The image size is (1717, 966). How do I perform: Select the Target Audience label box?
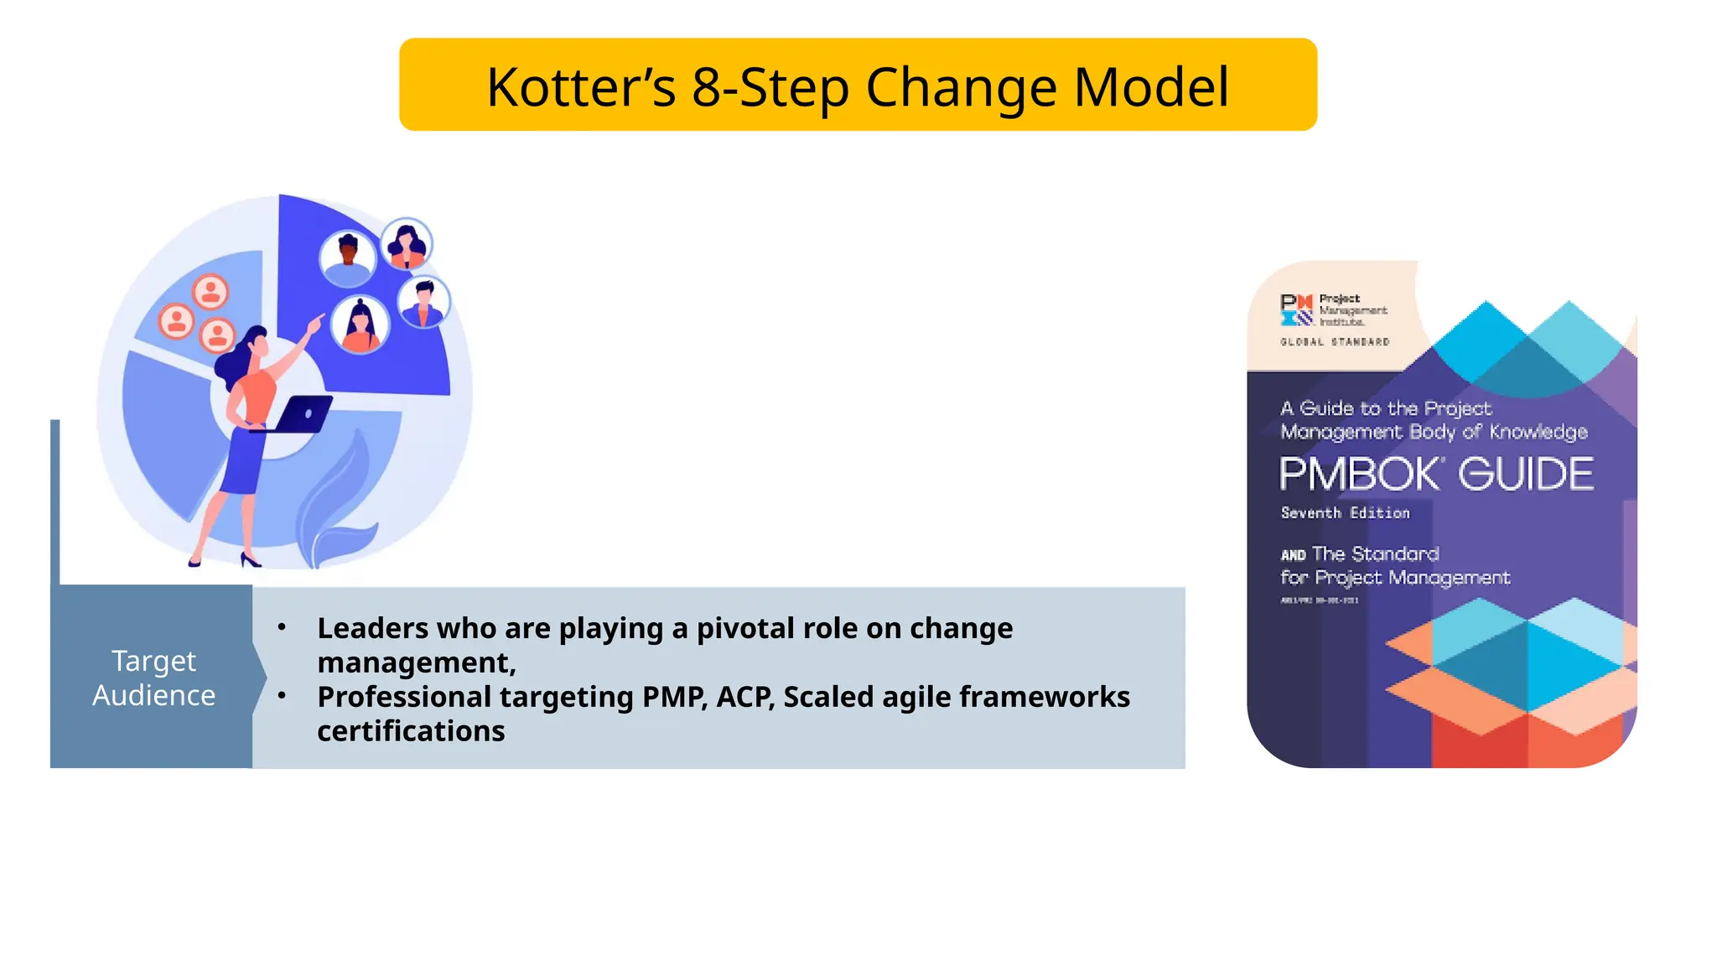(153, 678)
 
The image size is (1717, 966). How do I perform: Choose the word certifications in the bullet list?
(411, 731)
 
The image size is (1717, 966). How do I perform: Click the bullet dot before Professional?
(282, 695)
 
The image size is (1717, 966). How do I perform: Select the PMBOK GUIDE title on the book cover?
(1436, 474)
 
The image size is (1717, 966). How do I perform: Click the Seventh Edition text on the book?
(1345, 513)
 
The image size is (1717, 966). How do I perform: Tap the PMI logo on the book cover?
(1296, 309)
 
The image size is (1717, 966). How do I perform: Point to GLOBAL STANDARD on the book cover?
(1335, 342)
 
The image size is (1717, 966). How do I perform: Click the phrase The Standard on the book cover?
(1375, 554)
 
